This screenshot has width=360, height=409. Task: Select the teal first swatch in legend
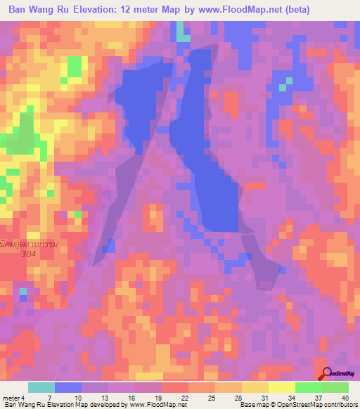tap(41, 387)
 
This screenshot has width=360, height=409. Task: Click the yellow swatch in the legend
tap(281, 387)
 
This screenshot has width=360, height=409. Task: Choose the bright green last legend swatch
tap(335, 387)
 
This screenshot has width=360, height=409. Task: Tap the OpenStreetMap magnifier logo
tap(326, 373)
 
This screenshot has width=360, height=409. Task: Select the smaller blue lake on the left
tap(144, 98)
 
